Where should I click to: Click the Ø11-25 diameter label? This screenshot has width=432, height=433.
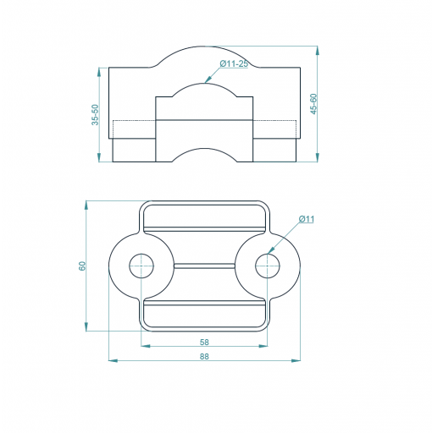click(x=234, y=64)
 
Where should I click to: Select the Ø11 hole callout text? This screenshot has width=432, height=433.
click(x=307, y=219)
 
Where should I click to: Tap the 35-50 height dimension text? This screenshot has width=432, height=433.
click(x=96, y=114)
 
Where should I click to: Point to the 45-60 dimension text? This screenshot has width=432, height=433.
click(x=313, y=104)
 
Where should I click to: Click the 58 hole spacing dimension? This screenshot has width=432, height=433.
click(x=204, y=342)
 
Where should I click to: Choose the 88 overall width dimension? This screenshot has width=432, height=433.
click(x=204, y=356)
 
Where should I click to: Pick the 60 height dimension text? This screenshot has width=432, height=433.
click(x=82, y=266)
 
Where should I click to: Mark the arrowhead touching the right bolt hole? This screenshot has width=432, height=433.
click(x=270, y=250)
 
